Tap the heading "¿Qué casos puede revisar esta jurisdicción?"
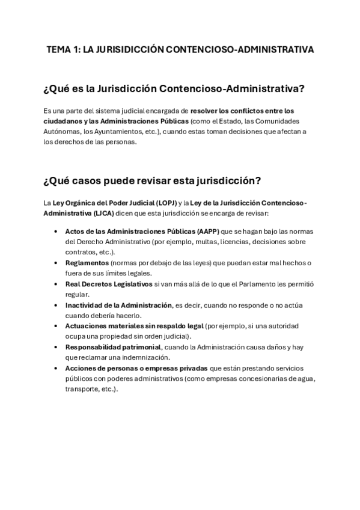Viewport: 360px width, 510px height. [151, 181]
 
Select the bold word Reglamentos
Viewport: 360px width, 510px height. [87, 263]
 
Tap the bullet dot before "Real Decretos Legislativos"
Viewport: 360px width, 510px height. [56, 284]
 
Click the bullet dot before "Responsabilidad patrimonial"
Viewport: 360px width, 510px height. [56, 347]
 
